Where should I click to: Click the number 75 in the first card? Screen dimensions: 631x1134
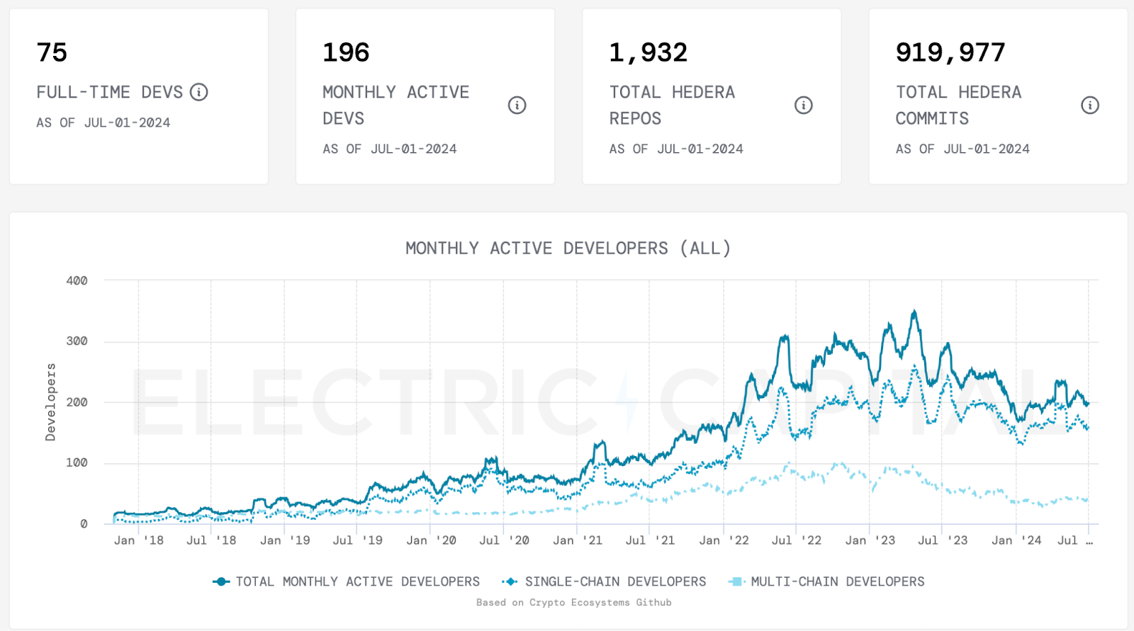(52, 52)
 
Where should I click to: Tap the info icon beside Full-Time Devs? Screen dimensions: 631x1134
(199, 92)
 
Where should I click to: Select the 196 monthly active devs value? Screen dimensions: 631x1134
(346, 52)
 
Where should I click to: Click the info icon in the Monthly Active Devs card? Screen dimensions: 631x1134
(517, 106)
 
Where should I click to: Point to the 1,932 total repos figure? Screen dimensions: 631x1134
(648, 52)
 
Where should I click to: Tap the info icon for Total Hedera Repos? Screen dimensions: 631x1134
(804, 106)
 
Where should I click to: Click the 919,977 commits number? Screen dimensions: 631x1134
(950, 52)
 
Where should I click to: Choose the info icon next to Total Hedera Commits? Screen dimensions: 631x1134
(1090, 106)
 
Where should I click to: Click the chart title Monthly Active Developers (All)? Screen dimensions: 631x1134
(568, 249)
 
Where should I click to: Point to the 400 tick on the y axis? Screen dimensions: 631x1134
(77, 280)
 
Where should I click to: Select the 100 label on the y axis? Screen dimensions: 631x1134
(77, 462)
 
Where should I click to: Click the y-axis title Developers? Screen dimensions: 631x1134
(50, 402)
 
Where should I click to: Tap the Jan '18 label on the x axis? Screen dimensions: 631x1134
(139, 540)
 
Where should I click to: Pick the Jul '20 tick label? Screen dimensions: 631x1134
(504, 540)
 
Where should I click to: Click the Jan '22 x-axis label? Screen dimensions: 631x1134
(724, 540)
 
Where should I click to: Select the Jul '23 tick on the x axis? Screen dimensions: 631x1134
(943, 540)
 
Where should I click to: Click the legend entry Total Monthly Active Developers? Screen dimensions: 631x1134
(347, 581)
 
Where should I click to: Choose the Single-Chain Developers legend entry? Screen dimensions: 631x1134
(605, 581)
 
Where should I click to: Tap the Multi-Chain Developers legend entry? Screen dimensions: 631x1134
(826, 581)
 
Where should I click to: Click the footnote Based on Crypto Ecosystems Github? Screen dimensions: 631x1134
(573, 603)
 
